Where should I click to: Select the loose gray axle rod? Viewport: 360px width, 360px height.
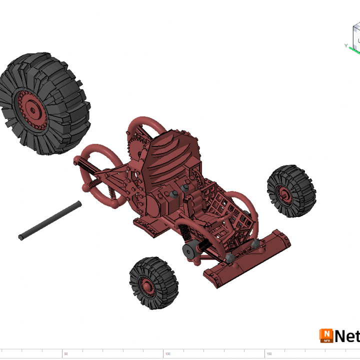[x=50, y=220]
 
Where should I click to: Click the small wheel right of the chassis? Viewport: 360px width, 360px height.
[x=291, y=191]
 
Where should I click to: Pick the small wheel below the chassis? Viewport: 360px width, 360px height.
[x=153, y=283]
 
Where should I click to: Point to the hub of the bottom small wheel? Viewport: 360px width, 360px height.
[x=147, y=286]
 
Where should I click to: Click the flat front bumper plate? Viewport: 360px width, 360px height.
[x=250, y=260]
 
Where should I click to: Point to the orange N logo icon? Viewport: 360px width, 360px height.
[x=326, y=335]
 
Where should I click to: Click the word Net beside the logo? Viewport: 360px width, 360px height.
[x=347, y=335]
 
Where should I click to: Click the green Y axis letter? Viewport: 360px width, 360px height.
[x=346, y=45]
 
